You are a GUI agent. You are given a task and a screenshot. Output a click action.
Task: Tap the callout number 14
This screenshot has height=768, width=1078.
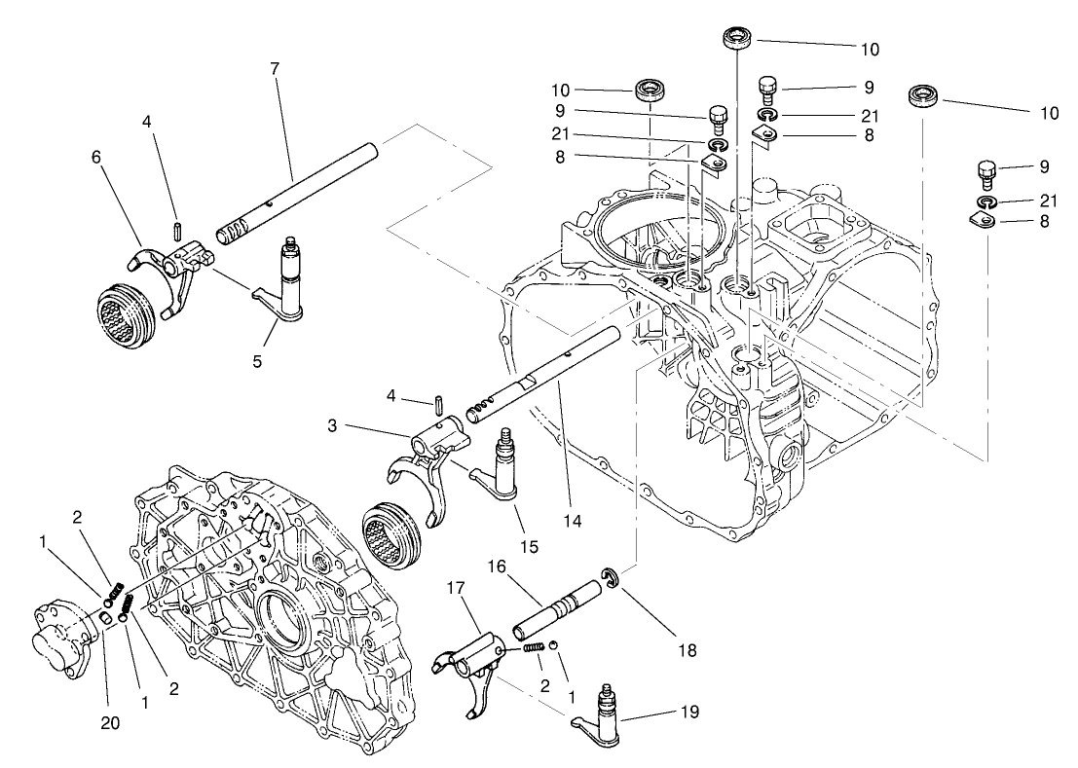click(572, 521)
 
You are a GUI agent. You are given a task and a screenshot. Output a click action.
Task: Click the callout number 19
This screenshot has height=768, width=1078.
click(688, 712)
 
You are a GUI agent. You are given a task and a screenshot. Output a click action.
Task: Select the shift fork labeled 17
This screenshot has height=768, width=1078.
click(471, 667)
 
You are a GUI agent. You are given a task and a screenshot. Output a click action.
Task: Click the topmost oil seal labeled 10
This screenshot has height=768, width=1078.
click(737, 40)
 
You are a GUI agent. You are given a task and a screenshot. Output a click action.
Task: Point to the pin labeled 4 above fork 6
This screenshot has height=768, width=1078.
click(177, 230)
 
